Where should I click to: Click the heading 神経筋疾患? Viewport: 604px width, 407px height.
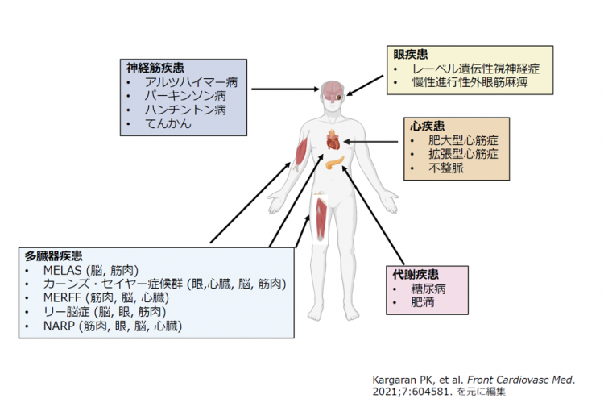155,68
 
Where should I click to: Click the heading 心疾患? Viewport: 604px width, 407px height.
427,126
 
